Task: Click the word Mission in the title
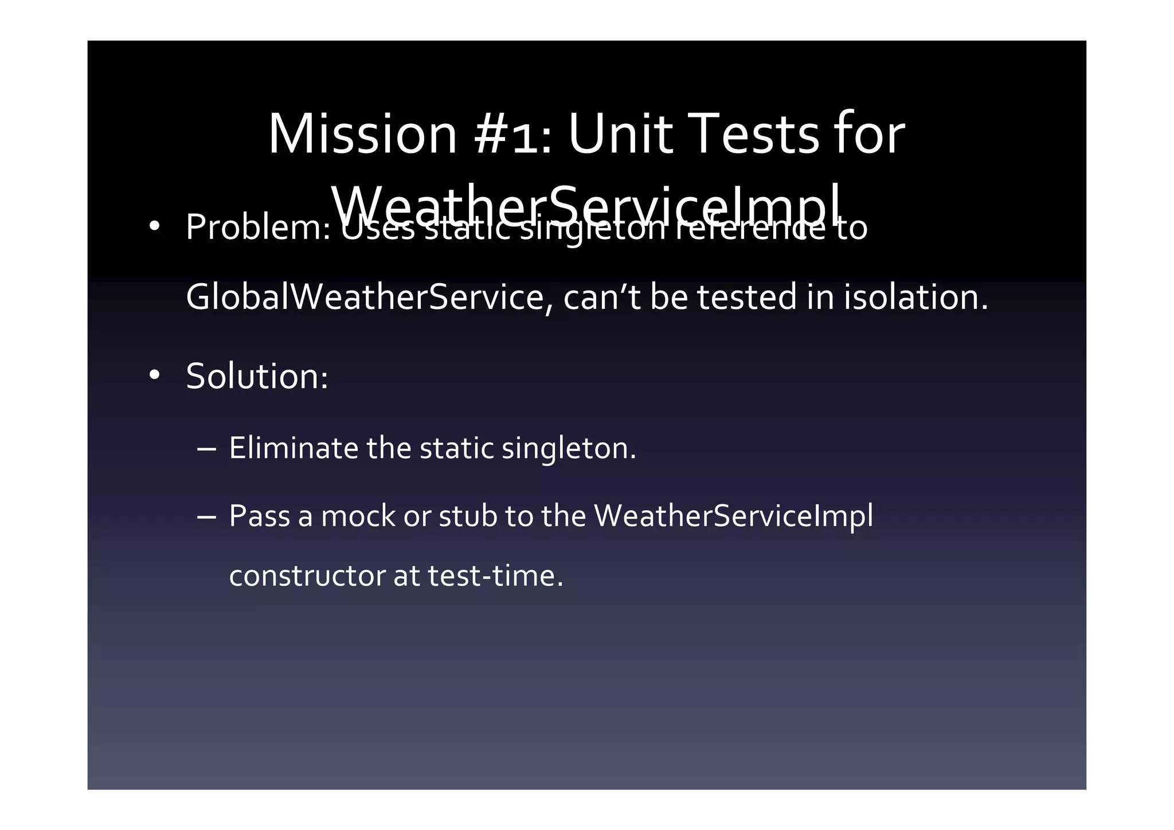tap(362, 134)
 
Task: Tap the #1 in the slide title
tap(513, 134)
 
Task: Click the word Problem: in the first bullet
tap(258, 228)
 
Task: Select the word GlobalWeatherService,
tap(369, 298)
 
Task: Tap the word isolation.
tap(915, 298)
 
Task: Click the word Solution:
tap(257, 377)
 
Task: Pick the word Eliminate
tap(293, 448)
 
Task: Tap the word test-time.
tap(495, 575)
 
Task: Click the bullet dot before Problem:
tap(154, 227)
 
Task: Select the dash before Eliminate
tap(206, 449)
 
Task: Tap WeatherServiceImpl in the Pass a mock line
tap(733, 516)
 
